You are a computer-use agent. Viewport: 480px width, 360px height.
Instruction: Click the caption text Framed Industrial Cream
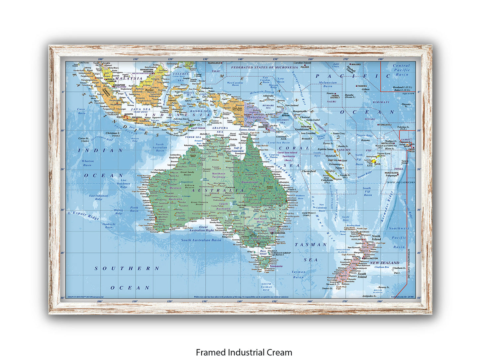click(244, 352)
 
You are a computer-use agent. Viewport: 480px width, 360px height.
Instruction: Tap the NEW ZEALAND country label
click(385, 263)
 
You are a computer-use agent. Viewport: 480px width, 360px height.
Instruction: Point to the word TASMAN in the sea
click(311, 245)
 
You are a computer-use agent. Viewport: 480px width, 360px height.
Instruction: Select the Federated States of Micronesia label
click(264, 67)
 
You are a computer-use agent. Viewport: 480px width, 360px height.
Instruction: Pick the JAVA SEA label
click(141, 109)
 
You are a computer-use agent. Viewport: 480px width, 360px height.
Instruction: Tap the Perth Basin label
click(134, 209)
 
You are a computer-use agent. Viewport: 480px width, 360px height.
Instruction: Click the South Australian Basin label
click(201, 240)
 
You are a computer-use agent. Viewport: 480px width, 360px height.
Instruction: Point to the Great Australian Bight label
click(201, 229)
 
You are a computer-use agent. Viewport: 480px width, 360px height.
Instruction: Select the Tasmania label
click(276, 266)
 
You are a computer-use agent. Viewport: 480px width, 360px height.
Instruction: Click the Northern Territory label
click(219, 175)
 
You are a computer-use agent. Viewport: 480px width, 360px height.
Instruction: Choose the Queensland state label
click(249, 182)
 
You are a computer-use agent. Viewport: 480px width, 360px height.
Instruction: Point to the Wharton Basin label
click(88, 163)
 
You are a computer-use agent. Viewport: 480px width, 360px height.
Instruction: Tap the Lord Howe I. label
click(309, 214)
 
